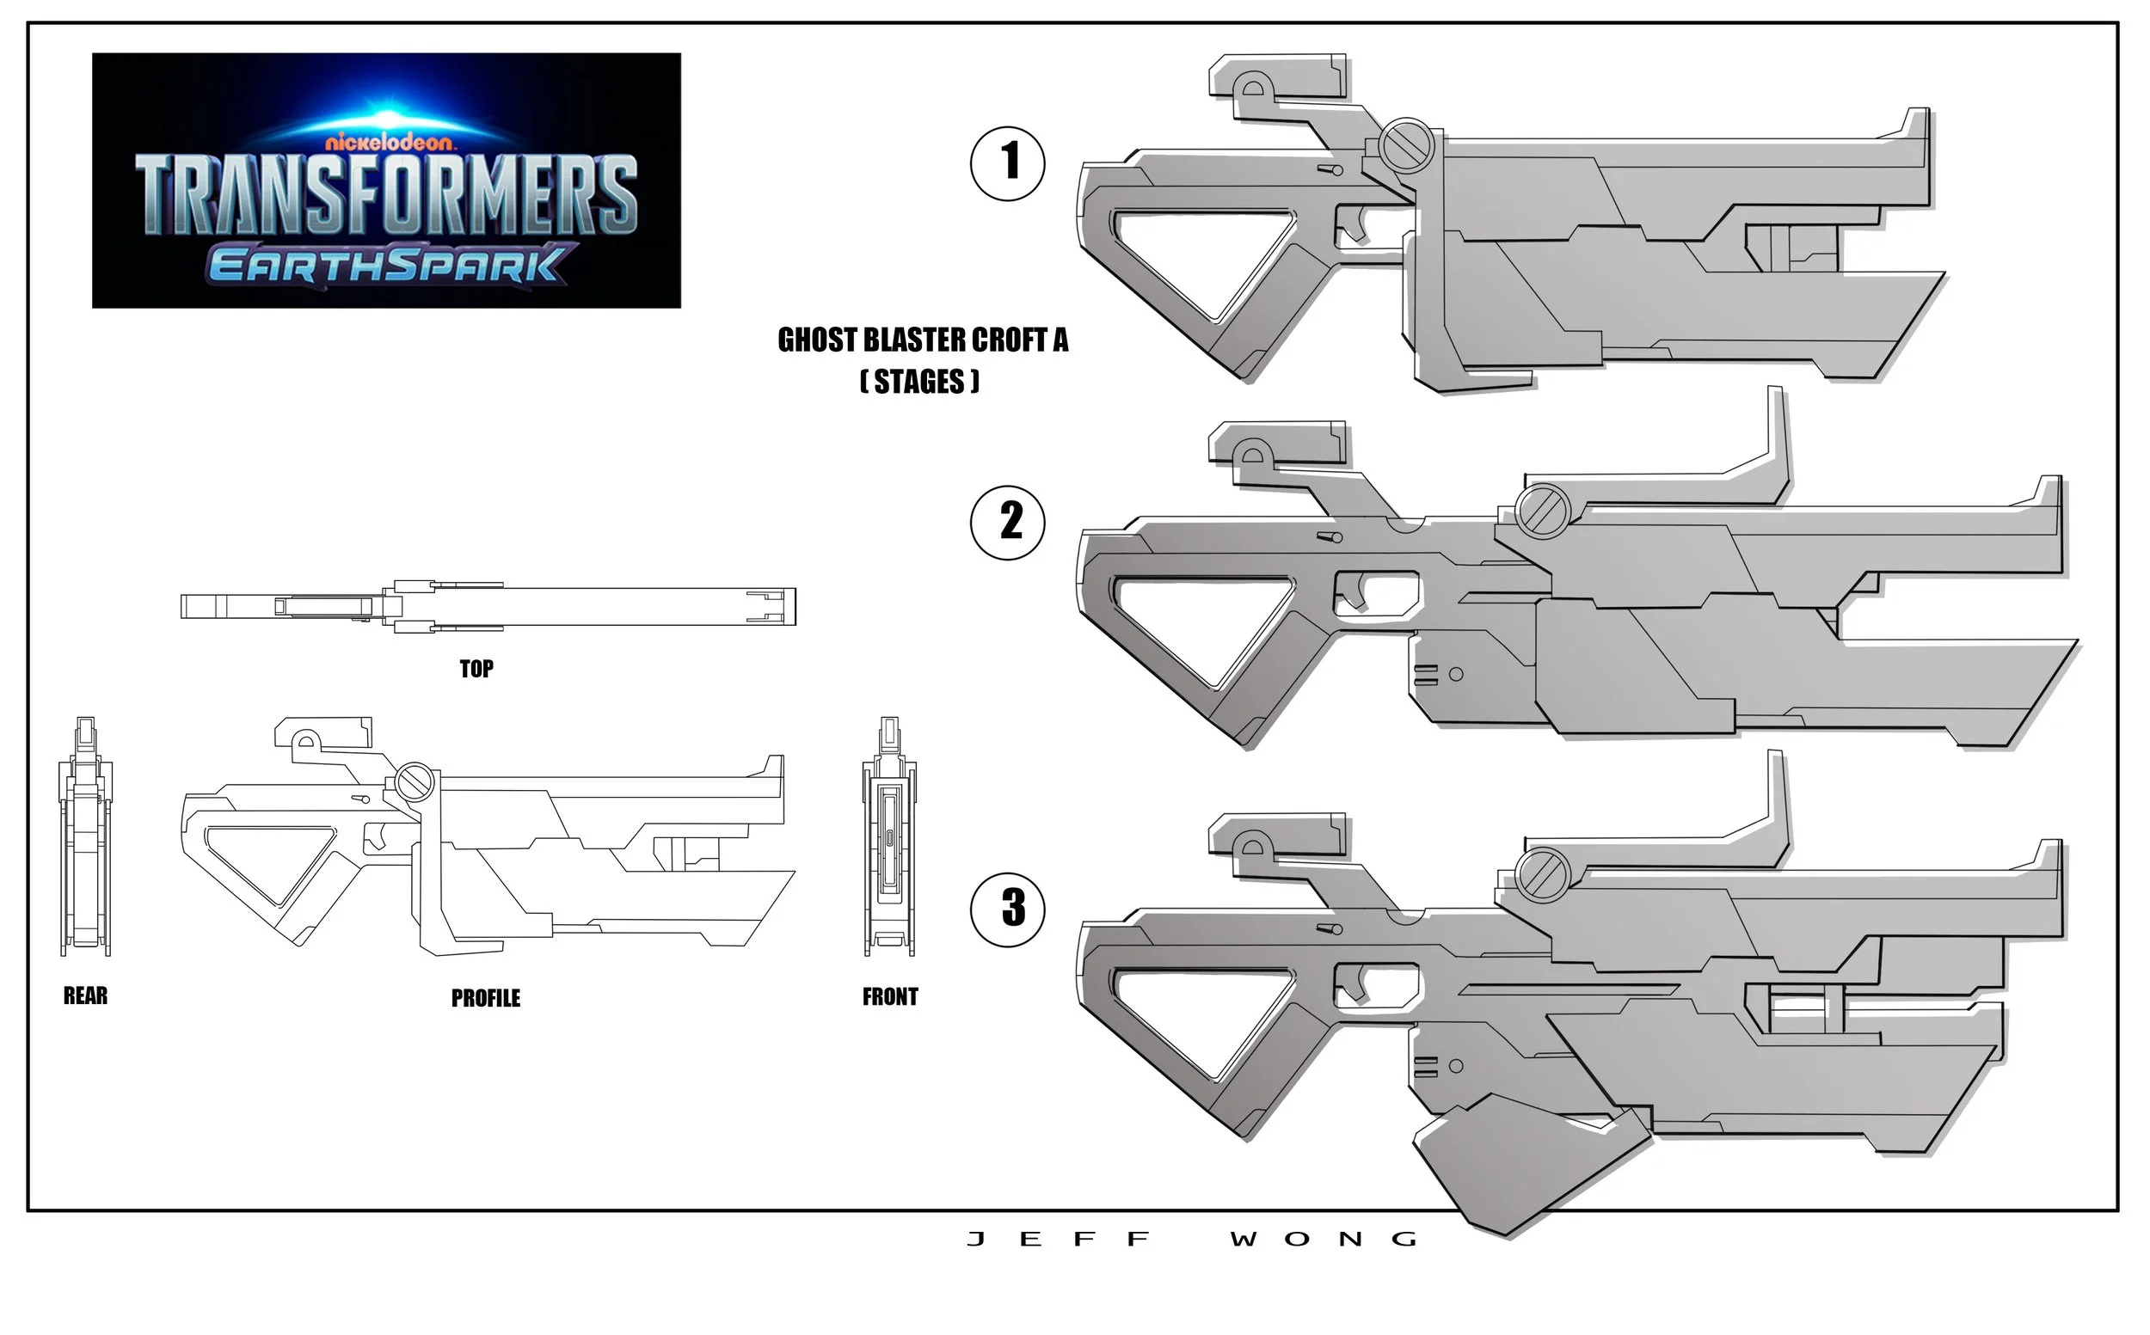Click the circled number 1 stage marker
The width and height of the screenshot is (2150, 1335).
click(1007, 163)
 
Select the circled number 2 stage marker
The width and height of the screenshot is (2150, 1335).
click(1007, 522)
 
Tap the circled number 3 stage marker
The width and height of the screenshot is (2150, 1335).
click(1007, 909)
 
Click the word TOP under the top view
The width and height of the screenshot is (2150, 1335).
click(476, 670)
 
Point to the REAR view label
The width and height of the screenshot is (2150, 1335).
click(86, 996)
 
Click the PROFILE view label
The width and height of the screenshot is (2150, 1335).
click(486, 998)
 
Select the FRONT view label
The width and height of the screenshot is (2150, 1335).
click(890, 997)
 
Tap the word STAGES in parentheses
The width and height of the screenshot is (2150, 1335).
click(919, 382)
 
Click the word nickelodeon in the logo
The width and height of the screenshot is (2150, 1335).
click(389, 141)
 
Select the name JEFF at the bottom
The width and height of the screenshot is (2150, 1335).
click(1060, 1240)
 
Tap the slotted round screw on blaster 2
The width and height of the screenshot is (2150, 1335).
click(1541, 511)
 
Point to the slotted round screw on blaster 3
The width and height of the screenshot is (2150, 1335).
click(1541, 874)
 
